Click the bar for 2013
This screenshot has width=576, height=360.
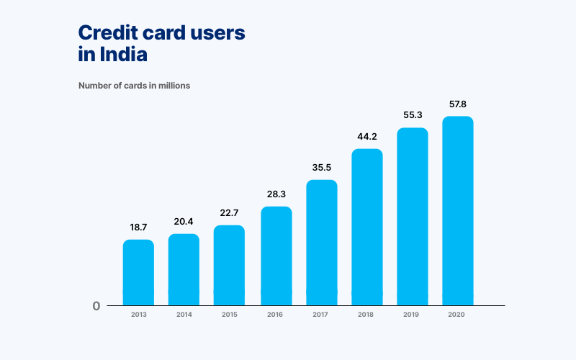[138, 272]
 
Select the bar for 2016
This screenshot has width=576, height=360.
[276, 256]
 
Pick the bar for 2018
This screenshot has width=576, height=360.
[367, 227]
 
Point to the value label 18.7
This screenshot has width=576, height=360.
[138, 227]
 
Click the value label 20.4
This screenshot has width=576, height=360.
[184, 221]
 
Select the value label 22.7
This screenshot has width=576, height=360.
[229, 212]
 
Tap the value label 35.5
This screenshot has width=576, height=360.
[322, 167]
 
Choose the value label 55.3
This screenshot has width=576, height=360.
[413, 115]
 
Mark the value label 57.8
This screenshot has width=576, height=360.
[458, 104]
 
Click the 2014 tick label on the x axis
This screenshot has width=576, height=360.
[184, 315]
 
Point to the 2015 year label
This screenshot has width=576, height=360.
[229, 315]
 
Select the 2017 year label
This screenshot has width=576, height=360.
[322, 315]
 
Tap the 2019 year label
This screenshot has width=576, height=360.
[413, 315]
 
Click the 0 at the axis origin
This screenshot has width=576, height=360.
[96, 306]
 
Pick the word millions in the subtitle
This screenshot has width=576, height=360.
[173, 86]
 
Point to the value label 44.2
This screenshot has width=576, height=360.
[367, 136]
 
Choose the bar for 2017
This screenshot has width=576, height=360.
[322, 242]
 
